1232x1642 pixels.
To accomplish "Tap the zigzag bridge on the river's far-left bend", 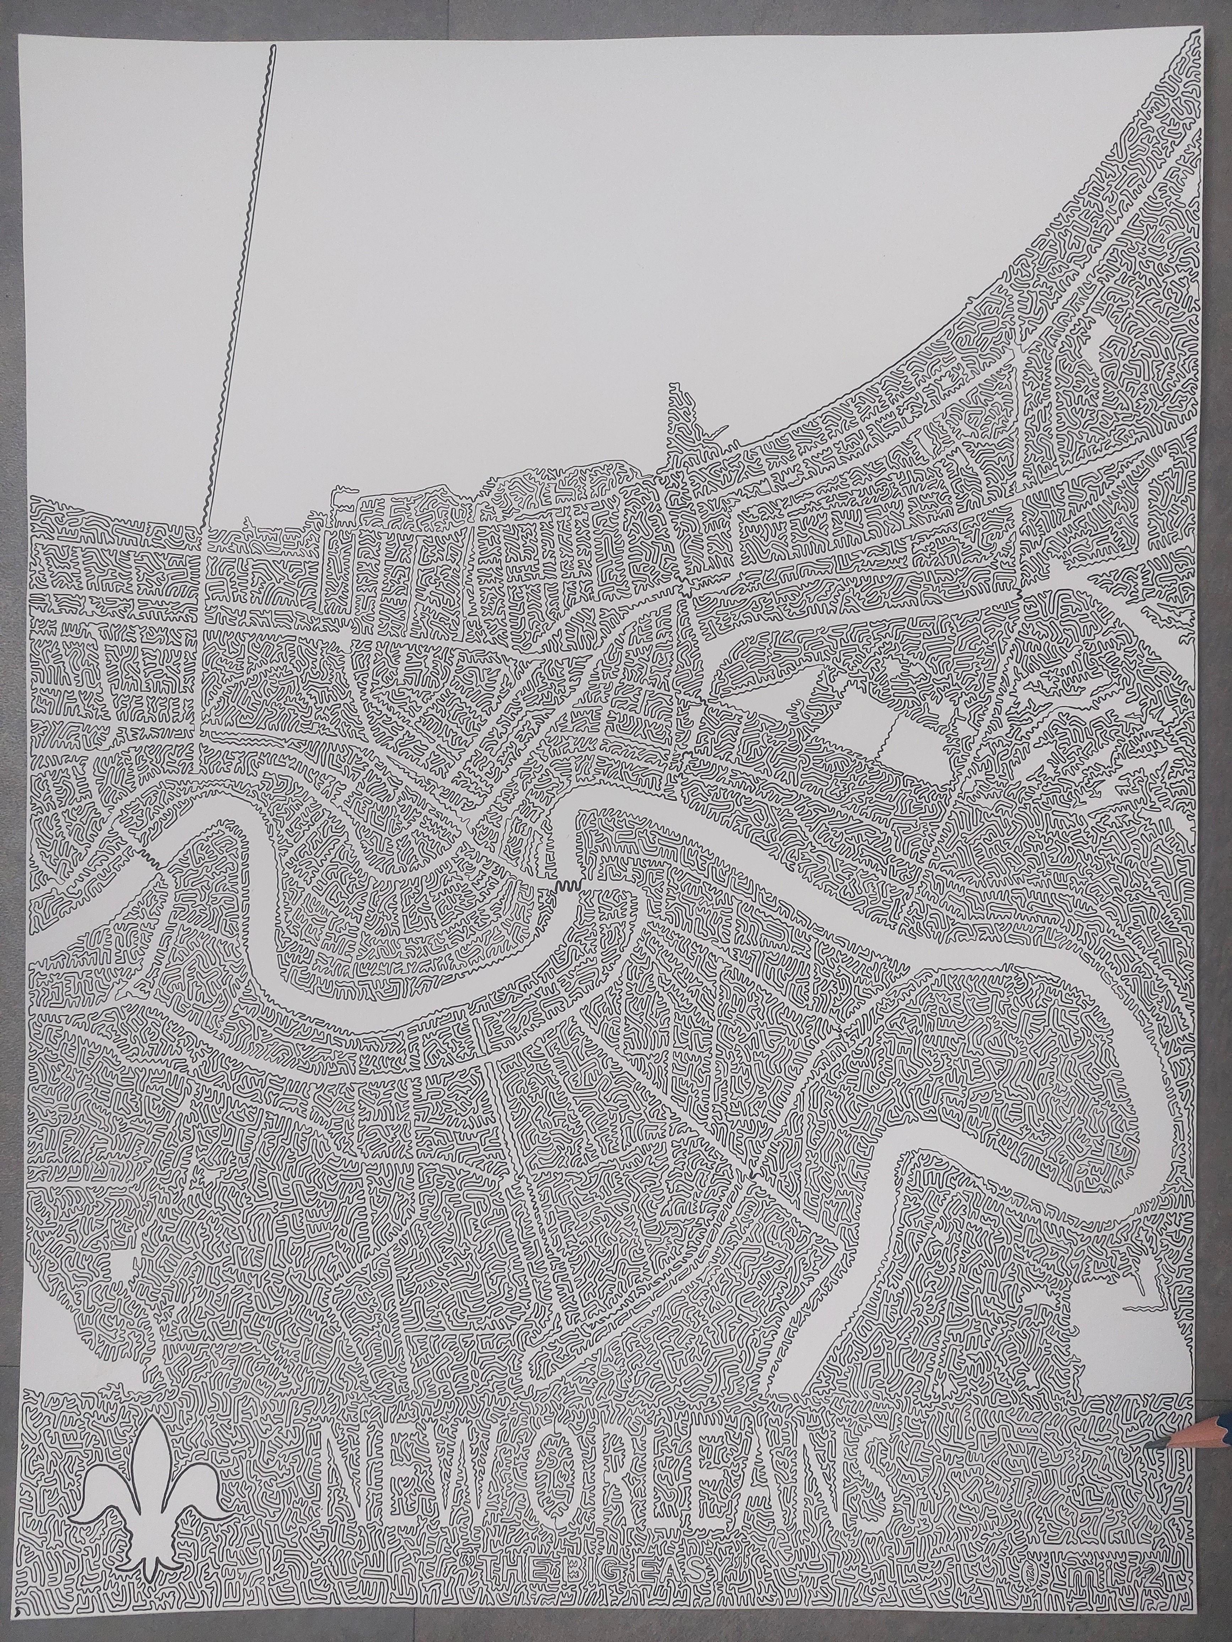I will (x=152, y=861).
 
